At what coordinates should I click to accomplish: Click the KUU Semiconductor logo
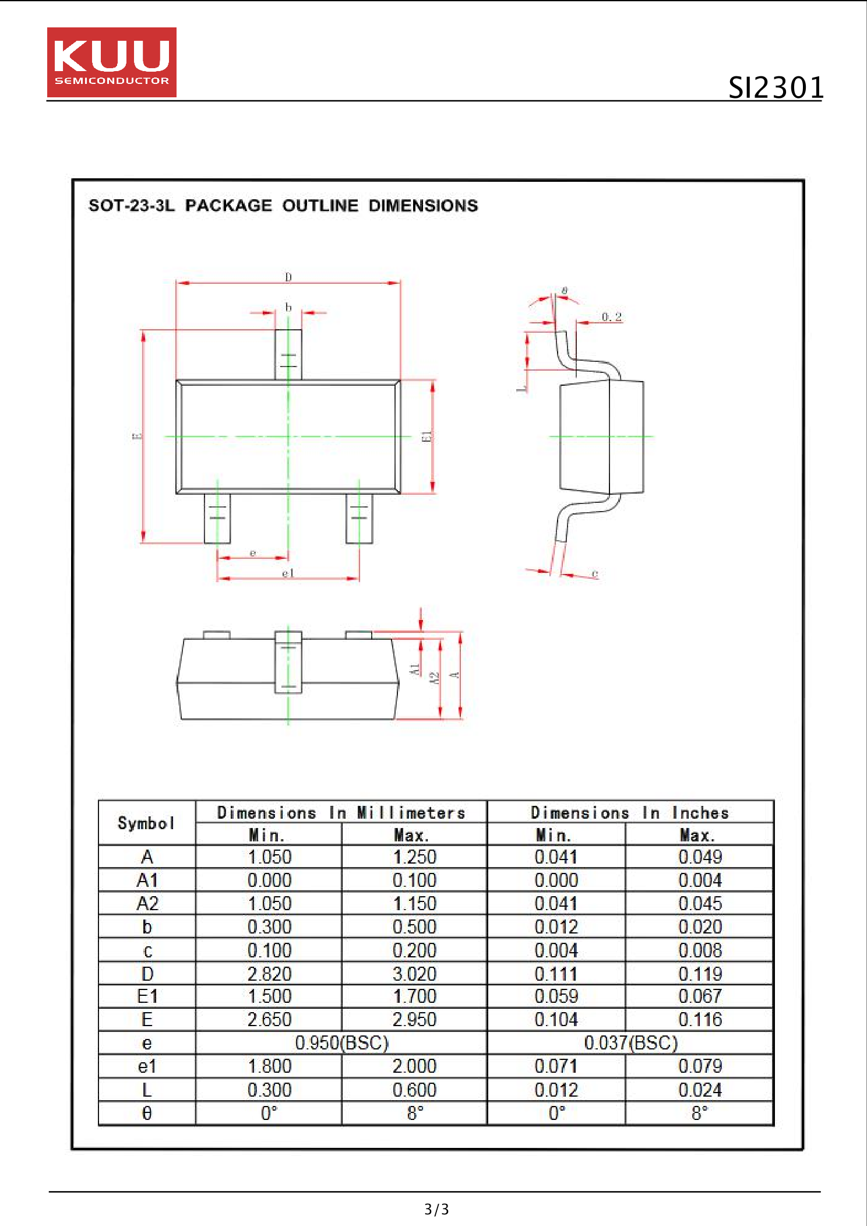[111, 62]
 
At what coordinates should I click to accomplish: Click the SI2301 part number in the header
[776, 87]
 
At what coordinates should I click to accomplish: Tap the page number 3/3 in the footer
[436, 1209]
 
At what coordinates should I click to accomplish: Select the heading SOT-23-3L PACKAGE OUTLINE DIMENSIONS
[283, 206]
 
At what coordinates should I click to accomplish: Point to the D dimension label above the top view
[288, 277]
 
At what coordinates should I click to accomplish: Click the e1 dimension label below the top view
[288, 573]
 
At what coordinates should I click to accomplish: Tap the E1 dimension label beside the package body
[427, 436]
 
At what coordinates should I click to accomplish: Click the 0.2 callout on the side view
[611, 316]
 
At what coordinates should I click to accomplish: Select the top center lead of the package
[288, 354]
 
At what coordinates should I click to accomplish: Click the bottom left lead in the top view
[217, 518]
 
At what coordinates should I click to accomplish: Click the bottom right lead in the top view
[359, 518]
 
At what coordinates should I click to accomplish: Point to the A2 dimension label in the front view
[433, 678]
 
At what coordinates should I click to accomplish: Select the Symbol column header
[146, 823]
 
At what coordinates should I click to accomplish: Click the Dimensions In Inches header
[630, 812]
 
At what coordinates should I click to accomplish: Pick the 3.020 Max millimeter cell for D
[414, 974]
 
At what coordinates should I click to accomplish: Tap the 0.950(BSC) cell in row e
[341, 1042]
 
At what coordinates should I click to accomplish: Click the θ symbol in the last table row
[147, 1113]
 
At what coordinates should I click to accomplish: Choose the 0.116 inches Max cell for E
[699, 1020]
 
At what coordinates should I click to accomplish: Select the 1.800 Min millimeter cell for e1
[269, 1066]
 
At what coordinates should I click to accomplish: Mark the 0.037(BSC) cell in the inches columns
[630, 1042]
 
